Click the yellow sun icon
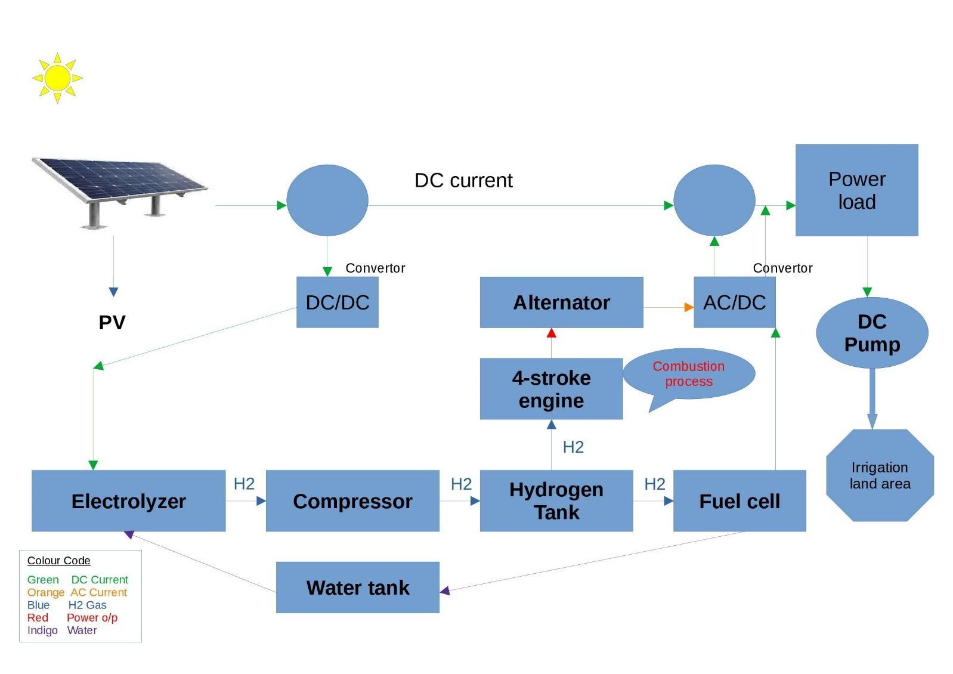pyautogui.click(x=57, y=78)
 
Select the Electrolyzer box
pyautogui.click(x=128, y=500)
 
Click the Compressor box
pyautogui.click(x=352, y=500)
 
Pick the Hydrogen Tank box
pyautogui.click(x=556, y=500)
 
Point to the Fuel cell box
pyautogui.click(x=739, y=500)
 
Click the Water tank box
pyautogui.click(x=357, y=588)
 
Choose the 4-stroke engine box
pyautogui.click(x=551, y=389)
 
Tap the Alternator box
pyautogui.click(x=561, y=302)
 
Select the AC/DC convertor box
pyautogui.click(x=734, y=302)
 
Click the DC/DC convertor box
pyautogui.click(x=337, y=302)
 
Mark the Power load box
pyautogui.click(x=856, y=190)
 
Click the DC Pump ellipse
pyautogui.click(x=872, y=333)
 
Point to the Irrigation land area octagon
pyautogui.click(x=880, y=475)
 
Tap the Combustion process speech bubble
pyautogui.click(x=689, y=374)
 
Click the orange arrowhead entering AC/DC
pyautogui.click(x=689, y=307)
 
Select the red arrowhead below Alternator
pyautogui.click(x=551, y=333)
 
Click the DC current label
pyautogui.click(x=463, y=180)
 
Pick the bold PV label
pyautogui.click(x=112, y=323)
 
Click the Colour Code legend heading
pyautogui.click(x=58, y=561)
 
